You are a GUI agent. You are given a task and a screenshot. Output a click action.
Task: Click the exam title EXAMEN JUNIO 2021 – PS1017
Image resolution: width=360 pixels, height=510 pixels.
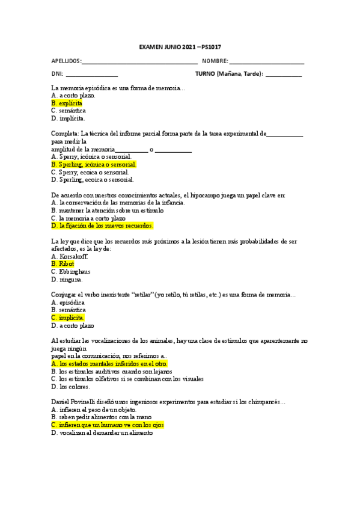coord(180,46)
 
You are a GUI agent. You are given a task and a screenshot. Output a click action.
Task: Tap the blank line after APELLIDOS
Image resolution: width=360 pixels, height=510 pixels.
coord(139,62)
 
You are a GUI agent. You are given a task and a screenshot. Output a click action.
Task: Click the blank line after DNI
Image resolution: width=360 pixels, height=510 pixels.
coord(91,75)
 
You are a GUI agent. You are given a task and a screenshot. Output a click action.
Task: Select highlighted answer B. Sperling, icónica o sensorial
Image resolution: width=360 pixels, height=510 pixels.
coord(94,164)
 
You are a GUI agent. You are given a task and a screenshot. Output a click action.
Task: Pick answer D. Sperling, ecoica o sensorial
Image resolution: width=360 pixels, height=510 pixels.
coord(93,179)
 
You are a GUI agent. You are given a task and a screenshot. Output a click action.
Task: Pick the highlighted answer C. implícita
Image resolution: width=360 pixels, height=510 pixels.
coord(68,318)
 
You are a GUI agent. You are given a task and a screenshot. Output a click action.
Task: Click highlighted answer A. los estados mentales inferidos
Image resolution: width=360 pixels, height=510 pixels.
coord(109,364)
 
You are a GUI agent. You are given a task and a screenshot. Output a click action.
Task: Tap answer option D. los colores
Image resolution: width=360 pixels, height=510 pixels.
coord(70,387)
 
